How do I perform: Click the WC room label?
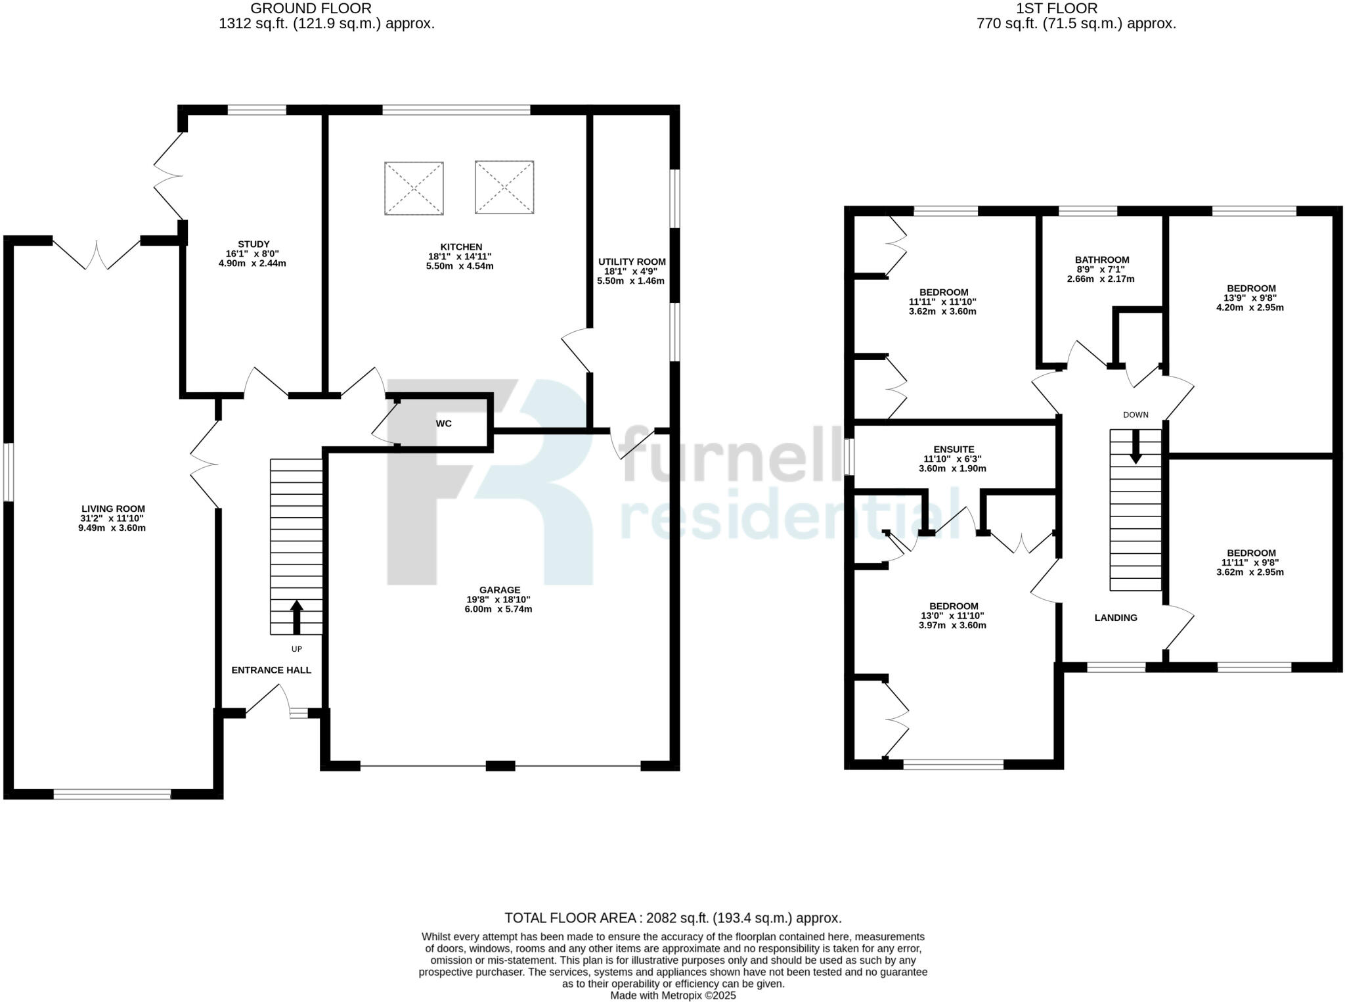[x=443, y=424]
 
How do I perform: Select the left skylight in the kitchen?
[x=414, y=188]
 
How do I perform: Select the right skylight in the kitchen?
[x=504, y=187]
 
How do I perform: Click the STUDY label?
[x=254, y=244]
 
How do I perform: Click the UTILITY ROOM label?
[x=631, y=262]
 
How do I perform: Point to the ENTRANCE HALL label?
[x=271, y=670]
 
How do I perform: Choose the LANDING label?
[x=1116, y=618]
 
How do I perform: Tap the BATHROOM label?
[x=1102, y=260]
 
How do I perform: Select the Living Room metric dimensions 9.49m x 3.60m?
[x=112, y=528]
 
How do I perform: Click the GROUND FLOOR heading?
[x=311, y=9]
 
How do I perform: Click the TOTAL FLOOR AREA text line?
[x=672, y=918]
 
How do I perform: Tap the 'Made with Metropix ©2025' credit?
[x=672, y=995]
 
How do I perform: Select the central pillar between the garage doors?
[x=500, y=765]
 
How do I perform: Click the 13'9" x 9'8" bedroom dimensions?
[x=1251, y=298]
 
